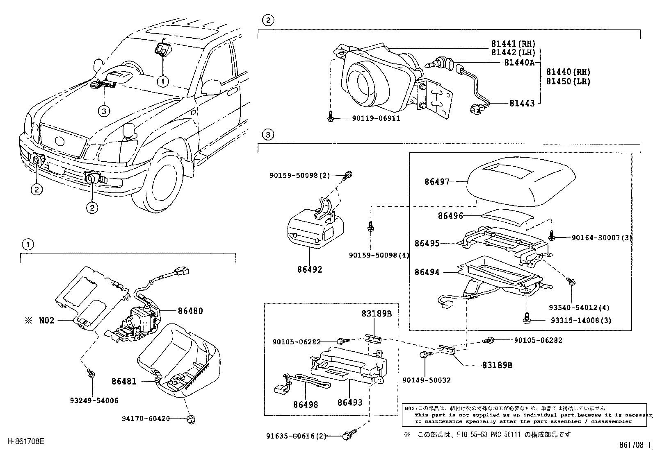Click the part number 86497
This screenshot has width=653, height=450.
(x=437, y=181)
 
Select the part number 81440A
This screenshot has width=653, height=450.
(x=519, y=62)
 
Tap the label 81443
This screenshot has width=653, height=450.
(x=522, y=104)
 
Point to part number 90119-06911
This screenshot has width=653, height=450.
(x=376, y=118)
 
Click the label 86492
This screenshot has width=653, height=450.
(x=310, y=269)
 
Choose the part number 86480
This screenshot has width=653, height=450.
(x=190, y=311)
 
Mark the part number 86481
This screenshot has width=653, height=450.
(x=124, y=382)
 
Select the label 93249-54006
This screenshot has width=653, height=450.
(x=94, y=400)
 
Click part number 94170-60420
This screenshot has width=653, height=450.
(x=146, y=418)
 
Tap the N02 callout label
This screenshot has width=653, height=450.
(x=46, y=320)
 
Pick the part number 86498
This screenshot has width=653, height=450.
(x=306, y=404)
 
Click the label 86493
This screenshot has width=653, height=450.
(x=350, y=403)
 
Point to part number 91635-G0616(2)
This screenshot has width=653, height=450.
(x=295, y=436)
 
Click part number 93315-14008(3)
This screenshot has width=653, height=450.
(x=581, y=320)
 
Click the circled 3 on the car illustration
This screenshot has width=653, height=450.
(x=104, y=111)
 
